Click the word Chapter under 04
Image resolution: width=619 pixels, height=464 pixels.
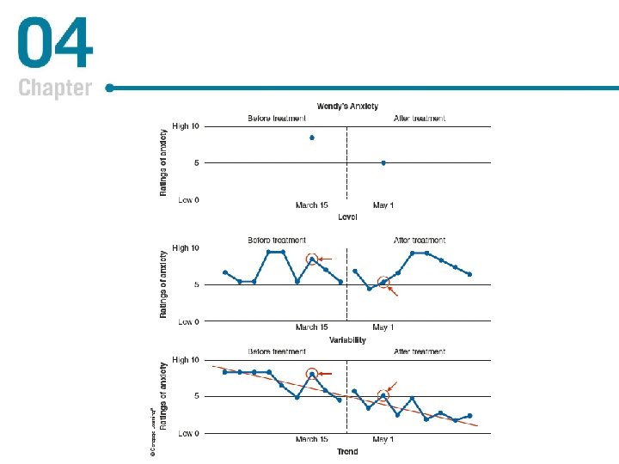coord(54,88)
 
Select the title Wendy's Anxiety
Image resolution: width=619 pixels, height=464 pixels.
coord(347,107)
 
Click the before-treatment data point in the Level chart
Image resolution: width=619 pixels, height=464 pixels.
coord(311,137)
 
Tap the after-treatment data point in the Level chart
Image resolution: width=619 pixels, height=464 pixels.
coord(383,162)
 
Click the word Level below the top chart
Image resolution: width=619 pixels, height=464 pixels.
coord(347,216)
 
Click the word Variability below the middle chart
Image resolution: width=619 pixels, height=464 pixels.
coord(347,340)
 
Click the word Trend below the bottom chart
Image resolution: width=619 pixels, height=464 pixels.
coord(347,451)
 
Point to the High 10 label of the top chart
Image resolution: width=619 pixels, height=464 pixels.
coord(186,126)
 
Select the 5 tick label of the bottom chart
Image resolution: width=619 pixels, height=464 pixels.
coord(197,396)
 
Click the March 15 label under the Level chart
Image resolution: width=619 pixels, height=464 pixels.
coord(311,205)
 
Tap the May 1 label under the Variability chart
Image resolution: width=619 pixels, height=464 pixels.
coord(383,327)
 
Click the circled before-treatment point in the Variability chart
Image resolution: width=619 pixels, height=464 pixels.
coord(312,259)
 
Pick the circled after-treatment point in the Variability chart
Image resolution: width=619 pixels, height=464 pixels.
coord(383,282)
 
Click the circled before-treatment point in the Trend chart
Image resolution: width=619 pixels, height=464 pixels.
coord(312,374)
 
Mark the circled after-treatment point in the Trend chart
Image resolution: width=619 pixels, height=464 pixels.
coord(383,396)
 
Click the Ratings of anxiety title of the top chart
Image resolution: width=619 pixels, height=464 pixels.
coord(164,162)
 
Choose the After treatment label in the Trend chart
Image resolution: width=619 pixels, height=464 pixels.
coord(420,351)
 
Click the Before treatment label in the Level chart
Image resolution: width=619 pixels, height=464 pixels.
coord(277,118)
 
